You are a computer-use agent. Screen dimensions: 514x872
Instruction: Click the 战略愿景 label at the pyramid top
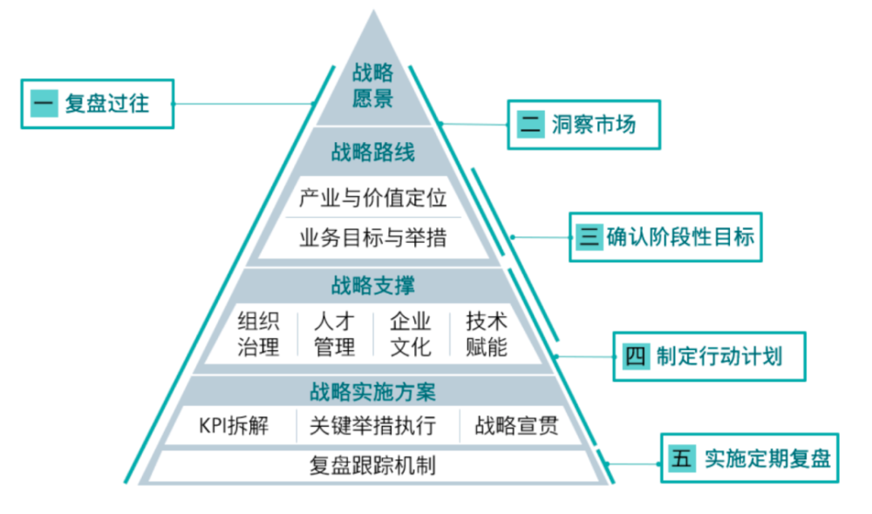[373, 85]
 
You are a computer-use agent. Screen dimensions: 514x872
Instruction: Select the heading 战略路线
[373, 153]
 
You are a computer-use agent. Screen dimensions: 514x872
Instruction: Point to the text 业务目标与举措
[373, 236]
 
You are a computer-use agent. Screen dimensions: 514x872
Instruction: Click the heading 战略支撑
[373, 285]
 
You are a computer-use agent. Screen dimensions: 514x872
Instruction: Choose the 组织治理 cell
[259, 334]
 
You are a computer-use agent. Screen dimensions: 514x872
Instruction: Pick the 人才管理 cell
[335, 334]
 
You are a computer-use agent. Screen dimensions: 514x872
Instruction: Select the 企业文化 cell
[411, 334]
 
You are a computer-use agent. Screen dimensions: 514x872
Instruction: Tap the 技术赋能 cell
[487, 334]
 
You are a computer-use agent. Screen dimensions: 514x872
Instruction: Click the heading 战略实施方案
[373, 392]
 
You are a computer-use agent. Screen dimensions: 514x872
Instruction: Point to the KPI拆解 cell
[234, 426]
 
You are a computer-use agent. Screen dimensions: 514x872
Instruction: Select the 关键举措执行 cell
[372, 426]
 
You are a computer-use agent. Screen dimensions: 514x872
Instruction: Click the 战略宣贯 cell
[515, 426]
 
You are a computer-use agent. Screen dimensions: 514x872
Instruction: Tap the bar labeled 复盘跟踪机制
[373, 465]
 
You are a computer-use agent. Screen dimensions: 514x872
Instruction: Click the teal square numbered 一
[44, 105]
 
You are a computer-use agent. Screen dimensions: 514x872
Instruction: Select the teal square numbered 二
[531, 125]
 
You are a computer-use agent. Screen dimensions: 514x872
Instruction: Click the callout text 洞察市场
[594, 125]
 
